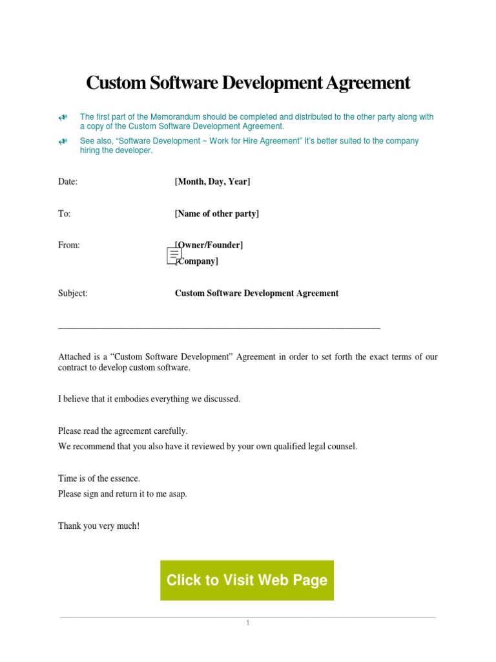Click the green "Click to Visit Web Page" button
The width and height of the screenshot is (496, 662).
[247, 580]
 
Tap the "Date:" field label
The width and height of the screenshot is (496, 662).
[68, 182]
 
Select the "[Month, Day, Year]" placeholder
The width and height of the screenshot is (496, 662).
[212, 182]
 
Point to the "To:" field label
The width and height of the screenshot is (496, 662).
[65, 213]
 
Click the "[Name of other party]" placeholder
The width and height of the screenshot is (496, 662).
[216, 213]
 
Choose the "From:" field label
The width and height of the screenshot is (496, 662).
[69, 245]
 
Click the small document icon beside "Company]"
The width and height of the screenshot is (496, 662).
[174, 256]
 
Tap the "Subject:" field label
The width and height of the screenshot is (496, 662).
[73, 293]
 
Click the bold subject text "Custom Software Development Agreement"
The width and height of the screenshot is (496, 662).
[256, 293]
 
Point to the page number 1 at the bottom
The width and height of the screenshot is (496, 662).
[247, 623]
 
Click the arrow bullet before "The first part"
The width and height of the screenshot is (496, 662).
[63, 117]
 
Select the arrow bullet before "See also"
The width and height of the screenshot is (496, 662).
[63, 141]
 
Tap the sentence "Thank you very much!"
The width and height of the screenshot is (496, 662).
[99, 526]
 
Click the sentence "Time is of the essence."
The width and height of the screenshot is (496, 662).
[99, 478]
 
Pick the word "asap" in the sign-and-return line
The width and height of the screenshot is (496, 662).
[178, 494]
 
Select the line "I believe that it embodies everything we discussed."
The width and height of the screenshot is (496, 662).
[149, 399]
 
